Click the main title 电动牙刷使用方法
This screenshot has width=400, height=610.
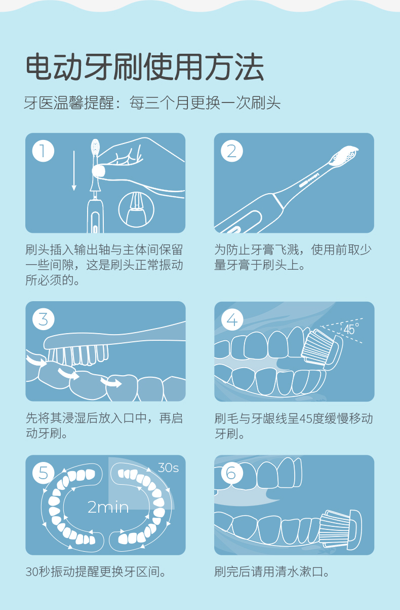coord(145,67)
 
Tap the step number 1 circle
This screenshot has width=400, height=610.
coord(43,151)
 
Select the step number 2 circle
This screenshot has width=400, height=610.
coord(232,151)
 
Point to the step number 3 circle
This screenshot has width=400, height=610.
coord(43,319)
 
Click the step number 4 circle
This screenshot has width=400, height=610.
coord(232,319)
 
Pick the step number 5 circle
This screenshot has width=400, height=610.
coord(43,473)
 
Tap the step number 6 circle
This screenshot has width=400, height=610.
coord(232,473)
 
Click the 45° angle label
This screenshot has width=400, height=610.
coord(351,329)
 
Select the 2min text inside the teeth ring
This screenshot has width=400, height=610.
coord(108,508)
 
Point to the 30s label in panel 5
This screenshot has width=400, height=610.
coord(168,468)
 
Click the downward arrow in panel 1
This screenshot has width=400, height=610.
coord(74,171)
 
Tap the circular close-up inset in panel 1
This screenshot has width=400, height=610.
coord(136,210)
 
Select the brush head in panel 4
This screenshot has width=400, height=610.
coord(322,349)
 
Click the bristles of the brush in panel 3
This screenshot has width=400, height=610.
coord(78,355)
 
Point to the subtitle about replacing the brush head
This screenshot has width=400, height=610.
coord(152,102)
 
